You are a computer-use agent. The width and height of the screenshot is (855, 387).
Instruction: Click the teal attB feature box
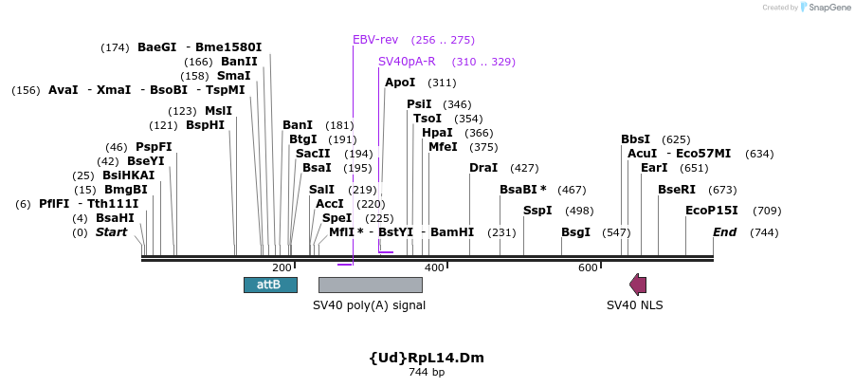[270, 285]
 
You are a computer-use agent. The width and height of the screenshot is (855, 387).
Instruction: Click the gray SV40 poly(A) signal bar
[370, 285]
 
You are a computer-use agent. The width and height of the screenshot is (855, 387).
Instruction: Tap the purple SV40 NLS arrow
[638, 285]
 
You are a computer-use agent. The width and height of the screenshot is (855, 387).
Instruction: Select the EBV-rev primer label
[375, 40]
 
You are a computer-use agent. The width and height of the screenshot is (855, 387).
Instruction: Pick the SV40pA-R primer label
[407, 62]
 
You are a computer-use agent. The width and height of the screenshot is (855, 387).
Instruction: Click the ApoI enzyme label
[400, 83]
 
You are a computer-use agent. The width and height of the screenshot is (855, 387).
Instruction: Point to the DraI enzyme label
[483, 168]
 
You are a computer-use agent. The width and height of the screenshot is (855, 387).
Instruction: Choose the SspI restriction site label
[537, 211]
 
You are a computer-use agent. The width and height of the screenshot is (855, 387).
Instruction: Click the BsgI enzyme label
[575, 232]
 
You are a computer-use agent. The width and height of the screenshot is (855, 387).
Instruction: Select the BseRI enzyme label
[677, 190]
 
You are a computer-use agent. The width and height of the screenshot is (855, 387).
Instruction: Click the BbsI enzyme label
[636, 139]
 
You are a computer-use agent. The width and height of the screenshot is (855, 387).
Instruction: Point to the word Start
[111, 232]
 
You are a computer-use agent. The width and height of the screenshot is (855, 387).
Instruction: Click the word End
[724, 232]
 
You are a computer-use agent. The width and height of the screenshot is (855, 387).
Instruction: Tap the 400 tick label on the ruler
[434, 268]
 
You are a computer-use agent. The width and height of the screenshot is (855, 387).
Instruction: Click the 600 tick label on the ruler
[587, 268]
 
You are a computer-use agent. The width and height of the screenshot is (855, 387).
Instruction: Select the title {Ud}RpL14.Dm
[427, 358]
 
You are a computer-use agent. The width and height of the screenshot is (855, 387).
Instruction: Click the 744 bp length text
[427, 373]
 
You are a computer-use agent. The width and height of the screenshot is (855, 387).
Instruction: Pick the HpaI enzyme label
[437, 133]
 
